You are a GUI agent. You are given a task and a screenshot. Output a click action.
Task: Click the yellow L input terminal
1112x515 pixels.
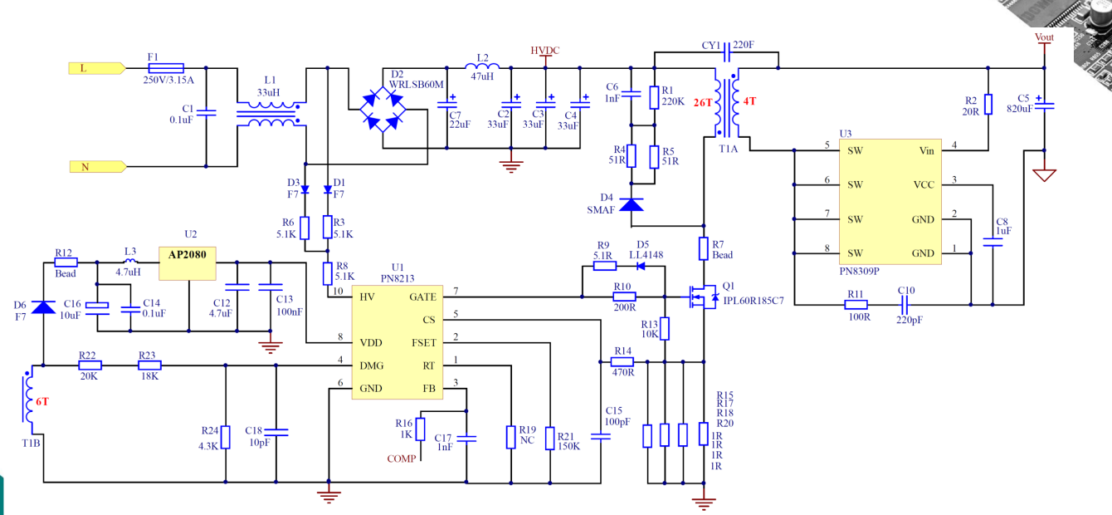tap(97, 68)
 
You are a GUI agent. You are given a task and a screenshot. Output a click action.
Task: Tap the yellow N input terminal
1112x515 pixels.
tap(98, 166)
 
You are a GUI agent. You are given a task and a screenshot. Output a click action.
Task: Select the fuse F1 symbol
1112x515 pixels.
tap(166, 68)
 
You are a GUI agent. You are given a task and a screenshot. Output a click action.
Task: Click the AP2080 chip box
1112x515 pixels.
tap(188, 263)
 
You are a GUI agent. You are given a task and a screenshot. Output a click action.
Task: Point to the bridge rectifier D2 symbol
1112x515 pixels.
tap(383, 109)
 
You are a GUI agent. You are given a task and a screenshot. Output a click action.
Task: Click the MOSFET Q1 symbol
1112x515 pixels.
tap(701, 297)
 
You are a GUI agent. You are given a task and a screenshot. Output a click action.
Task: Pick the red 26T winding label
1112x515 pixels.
tap(703, 102)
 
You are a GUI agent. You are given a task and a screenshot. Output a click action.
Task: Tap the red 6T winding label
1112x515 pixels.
tap(42, 402)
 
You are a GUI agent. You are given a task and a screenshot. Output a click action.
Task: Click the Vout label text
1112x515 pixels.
tap(1044, 37)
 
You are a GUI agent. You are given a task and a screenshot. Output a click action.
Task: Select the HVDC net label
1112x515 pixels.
tap(544, 51)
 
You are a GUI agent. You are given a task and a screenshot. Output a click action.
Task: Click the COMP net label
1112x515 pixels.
tap(401, 459)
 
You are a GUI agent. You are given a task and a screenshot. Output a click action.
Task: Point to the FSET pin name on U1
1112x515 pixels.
tap(423, 343)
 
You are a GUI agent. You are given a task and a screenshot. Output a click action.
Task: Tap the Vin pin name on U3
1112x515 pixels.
tap(926, 150)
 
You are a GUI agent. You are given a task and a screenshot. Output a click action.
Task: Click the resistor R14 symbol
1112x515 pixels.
tap(622, 362)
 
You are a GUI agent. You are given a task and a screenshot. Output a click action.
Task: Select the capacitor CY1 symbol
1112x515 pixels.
tap(727, 52)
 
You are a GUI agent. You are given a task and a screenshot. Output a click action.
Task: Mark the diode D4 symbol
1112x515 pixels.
tap(632, 204)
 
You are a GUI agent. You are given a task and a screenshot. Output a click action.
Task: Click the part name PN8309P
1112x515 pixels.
tap(860, 272)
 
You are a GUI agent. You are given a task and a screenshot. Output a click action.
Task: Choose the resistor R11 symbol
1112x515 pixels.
tap(856, 305)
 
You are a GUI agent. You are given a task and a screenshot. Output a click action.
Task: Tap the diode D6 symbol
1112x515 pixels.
tap(44, 307)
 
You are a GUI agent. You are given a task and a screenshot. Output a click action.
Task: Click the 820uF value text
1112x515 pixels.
tap(1020, 109)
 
